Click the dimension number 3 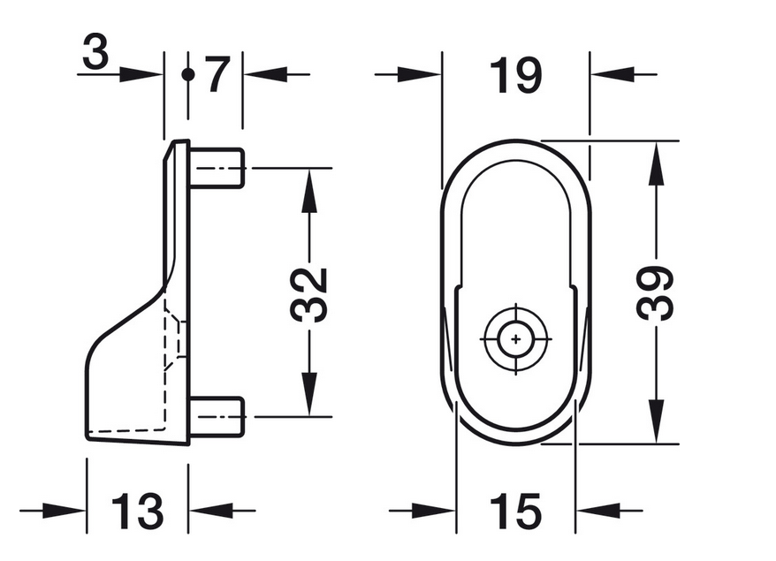[95, 51]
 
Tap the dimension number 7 [217, 75]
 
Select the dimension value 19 [515, 75]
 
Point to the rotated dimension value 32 [309, 295]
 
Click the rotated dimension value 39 [655, 292]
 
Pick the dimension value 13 [137, 511]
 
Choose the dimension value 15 [515, 511]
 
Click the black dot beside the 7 [187, 75]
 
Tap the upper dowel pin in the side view [217, 168]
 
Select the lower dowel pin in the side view [217, 417]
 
